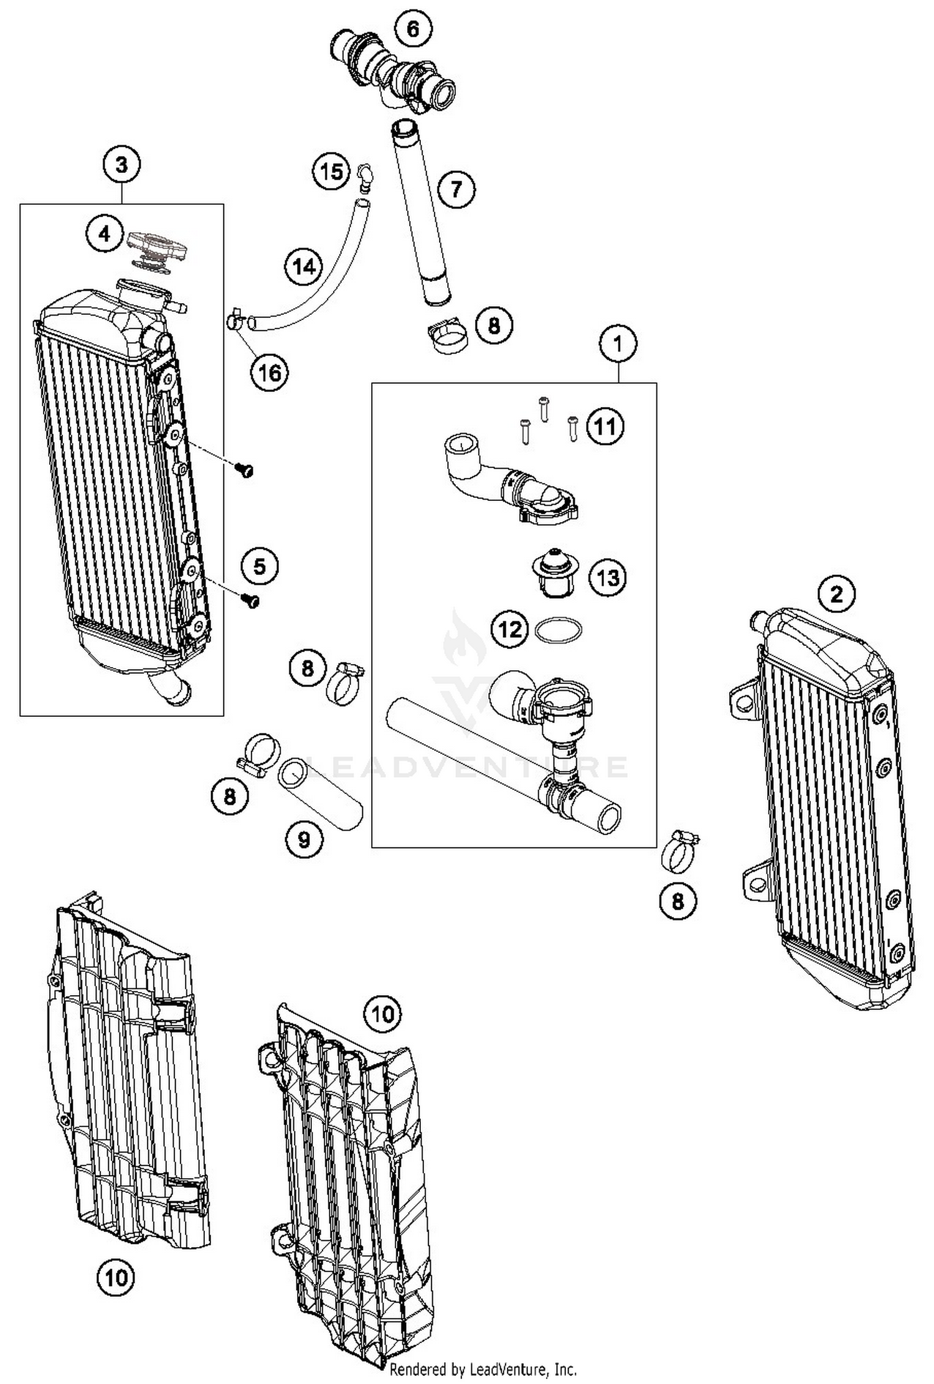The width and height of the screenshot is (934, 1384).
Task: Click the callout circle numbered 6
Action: tap(413, 30)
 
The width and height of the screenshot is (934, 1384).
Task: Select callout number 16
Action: tap(270, 373)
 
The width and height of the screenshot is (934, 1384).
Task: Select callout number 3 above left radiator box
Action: tap(121, 165)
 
